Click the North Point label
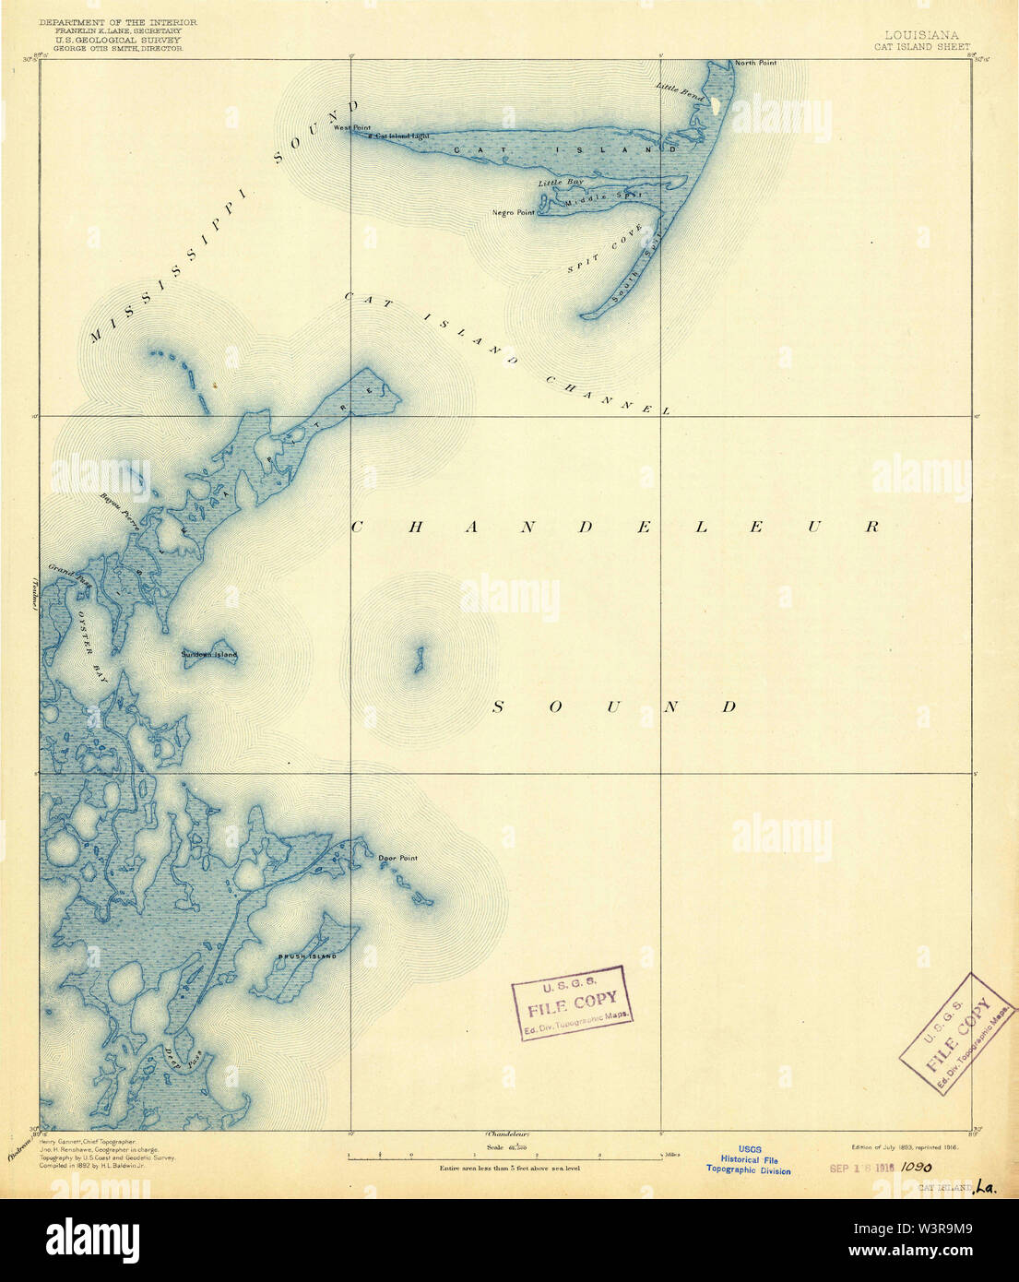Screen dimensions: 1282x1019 [x=755, y=63]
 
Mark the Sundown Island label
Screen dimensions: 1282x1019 [x=209, y=655]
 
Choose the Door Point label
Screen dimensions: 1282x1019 [x=398, y=858]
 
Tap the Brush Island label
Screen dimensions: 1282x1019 [x=307, y=956]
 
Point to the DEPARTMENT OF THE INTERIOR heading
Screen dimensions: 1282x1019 [x=118, y=21]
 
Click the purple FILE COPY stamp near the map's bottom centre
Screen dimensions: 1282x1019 [x=572, y=1002]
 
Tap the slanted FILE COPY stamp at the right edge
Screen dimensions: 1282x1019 [x=959, y=1033]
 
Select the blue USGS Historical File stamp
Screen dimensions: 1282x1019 [x=749, y=1159]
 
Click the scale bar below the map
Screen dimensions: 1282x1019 [x=504, y=1155]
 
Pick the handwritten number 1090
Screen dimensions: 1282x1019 [x=917, y=1165]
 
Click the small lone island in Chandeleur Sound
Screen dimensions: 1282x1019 [x=418, y=659]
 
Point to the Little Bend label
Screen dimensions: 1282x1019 [x=681, y=90]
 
